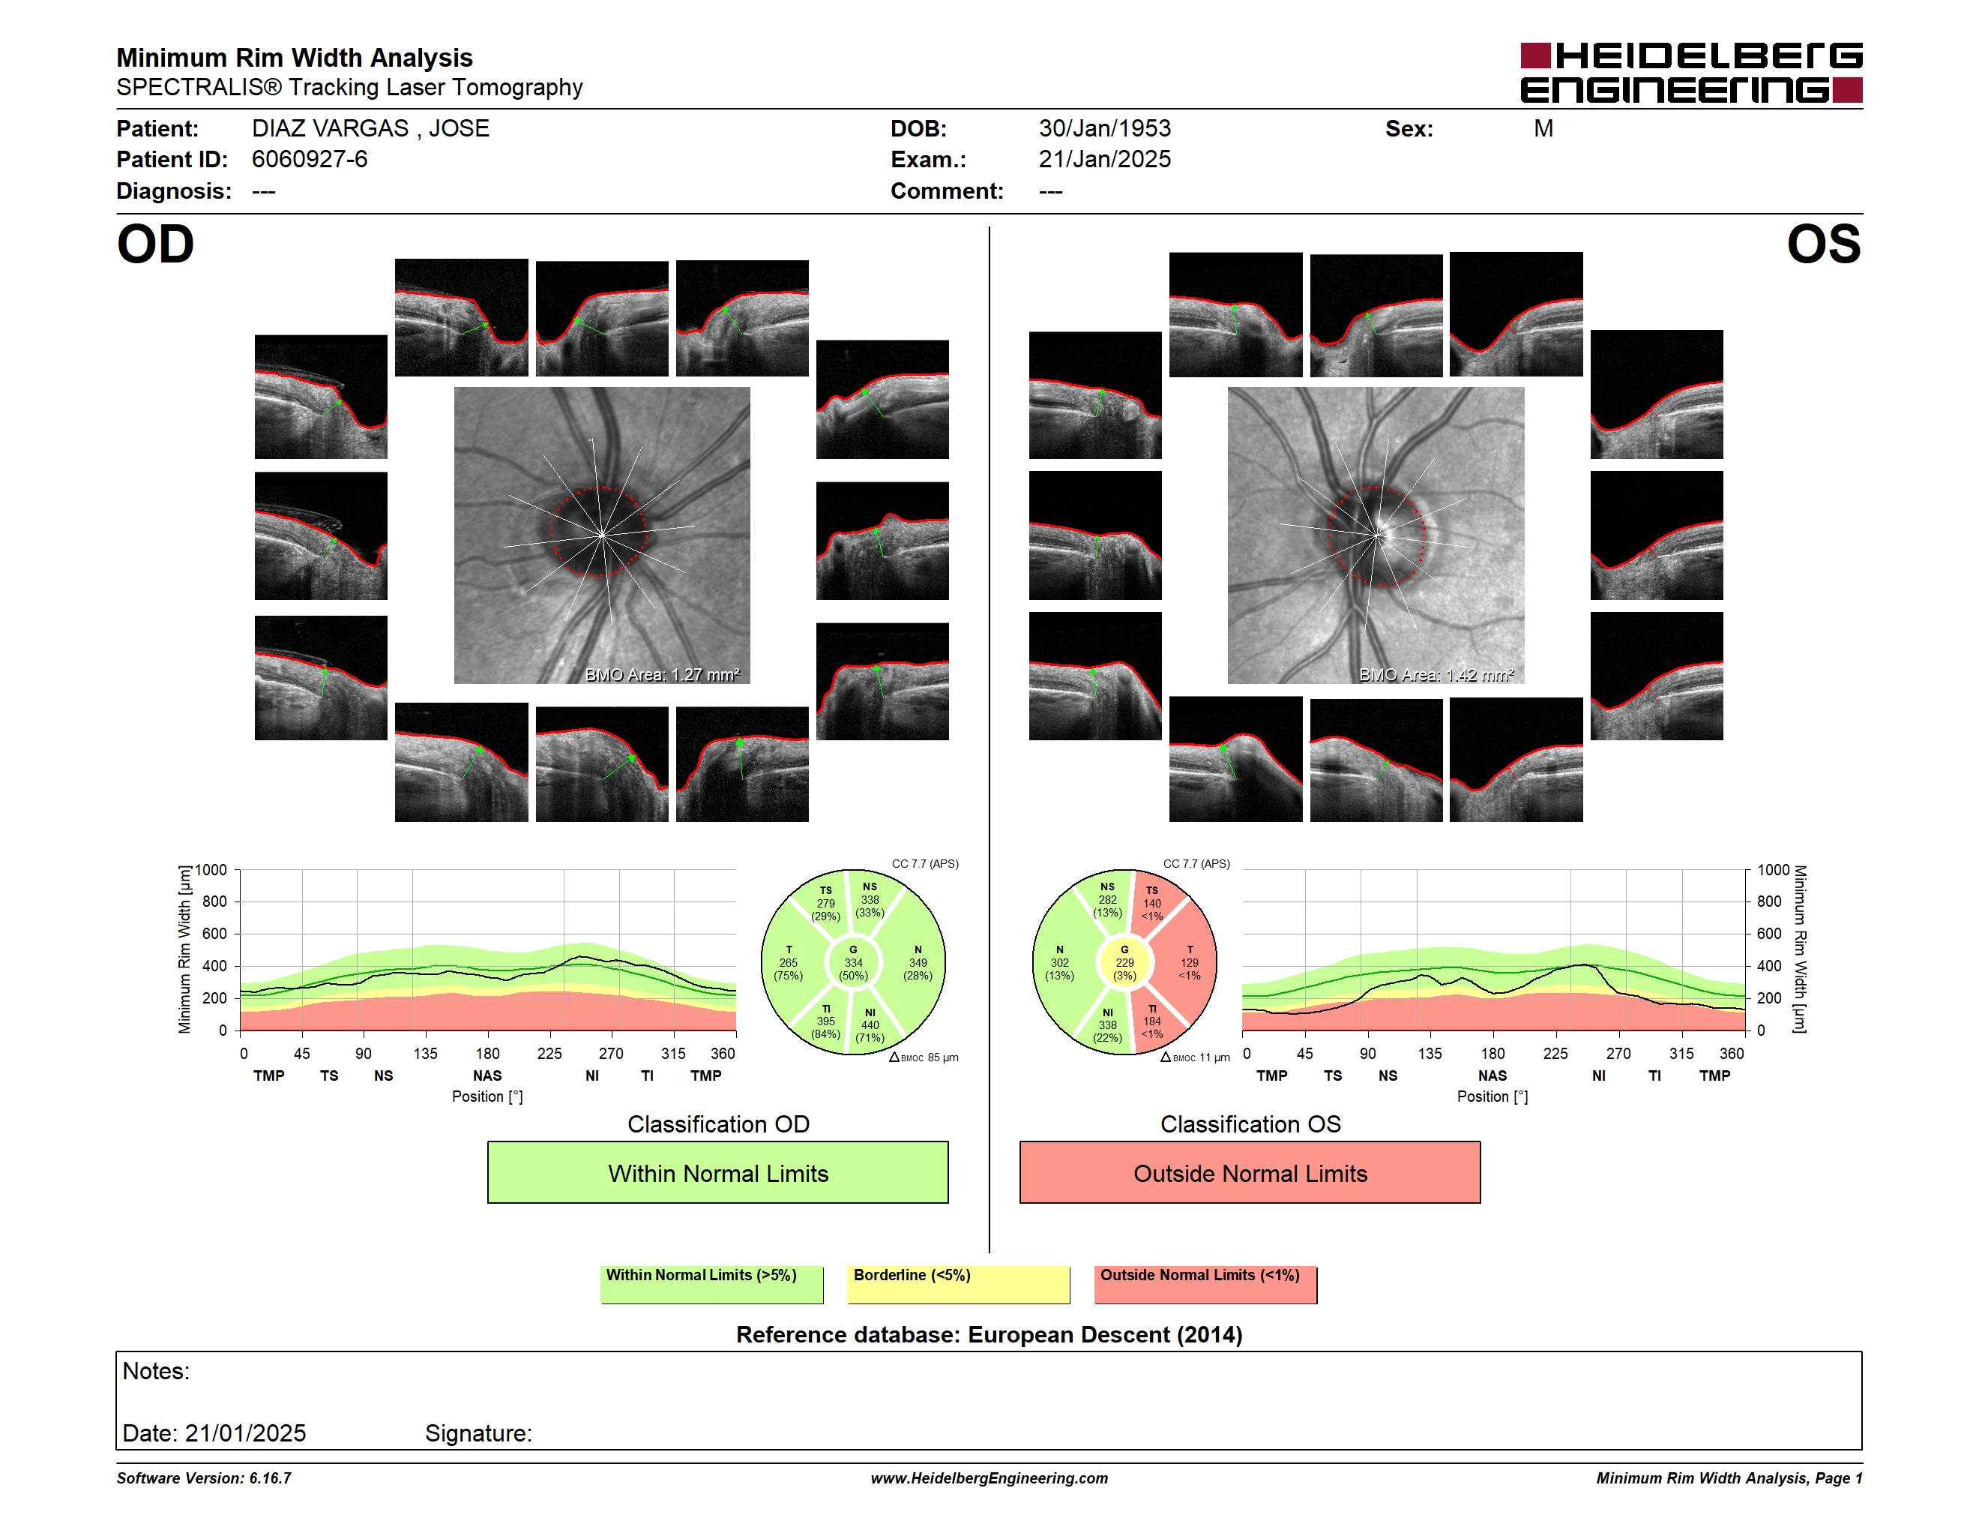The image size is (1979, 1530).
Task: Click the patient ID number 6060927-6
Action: [x=309, y=160]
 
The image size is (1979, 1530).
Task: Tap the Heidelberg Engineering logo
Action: [x=1691, y=73]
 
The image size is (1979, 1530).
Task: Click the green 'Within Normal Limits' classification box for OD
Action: [x=717, y=1172]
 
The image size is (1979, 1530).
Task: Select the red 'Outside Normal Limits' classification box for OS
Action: [x=1250, y=1172]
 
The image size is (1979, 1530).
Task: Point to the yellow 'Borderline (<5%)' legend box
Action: [x=958, y=1284]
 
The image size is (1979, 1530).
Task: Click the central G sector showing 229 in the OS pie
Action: [x=1124, y=962]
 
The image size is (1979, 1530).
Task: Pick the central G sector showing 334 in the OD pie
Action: [x=852, y=962]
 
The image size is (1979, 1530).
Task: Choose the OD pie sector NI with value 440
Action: [x=872, y=1024]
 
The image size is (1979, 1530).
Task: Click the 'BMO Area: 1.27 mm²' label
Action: [x=661, y=674]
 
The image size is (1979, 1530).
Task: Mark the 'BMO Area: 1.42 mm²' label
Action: [x=1436, y=674]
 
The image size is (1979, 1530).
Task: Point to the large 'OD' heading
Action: [x=155, y=244]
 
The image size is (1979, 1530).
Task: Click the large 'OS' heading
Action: [x=1823, y=244]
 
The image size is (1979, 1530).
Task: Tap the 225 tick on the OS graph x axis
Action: [x=1555, y=1053]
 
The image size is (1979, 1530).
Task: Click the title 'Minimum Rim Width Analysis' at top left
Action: [x=295, y=58]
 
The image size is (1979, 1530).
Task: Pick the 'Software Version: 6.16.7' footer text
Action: [x=204, y=1477]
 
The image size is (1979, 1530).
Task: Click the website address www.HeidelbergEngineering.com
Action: [x=989, y=1477]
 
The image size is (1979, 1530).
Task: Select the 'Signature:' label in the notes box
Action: [x=478, y=1433]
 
